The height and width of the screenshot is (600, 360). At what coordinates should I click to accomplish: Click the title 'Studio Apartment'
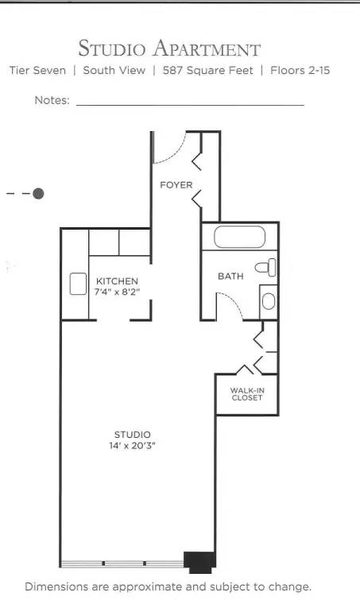point(169,48)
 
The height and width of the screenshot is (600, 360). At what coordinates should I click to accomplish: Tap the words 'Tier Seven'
point(37,71)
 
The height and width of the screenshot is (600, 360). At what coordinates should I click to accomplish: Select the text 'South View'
point(114,71)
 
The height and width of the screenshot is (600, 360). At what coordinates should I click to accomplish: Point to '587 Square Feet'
point(208,71)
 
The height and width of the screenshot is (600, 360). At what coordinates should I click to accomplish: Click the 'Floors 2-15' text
point(300,71)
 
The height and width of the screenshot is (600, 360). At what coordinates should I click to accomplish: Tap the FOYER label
point(176,185)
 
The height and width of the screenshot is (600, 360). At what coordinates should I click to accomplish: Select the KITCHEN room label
point(118,281)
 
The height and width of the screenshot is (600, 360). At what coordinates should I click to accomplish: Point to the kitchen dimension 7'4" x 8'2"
point(118,292)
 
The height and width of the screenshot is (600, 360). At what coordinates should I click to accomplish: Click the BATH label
point(230,277)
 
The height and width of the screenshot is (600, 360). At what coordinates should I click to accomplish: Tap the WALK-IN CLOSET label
point(246,394)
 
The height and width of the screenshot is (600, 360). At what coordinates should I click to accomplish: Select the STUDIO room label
point(132,434)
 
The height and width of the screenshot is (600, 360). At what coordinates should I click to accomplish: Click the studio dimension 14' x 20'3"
point(132,446)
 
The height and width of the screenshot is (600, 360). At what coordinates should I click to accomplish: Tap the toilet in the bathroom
point(268,266)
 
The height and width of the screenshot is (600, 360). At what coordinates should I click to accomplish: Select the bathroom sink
point(269,301)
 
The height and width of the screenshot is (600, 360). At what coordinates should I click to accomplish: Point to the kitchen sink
point(78,284)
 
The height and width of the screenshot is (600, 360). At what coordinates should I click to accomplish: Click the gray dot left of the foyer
point(38,193)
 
